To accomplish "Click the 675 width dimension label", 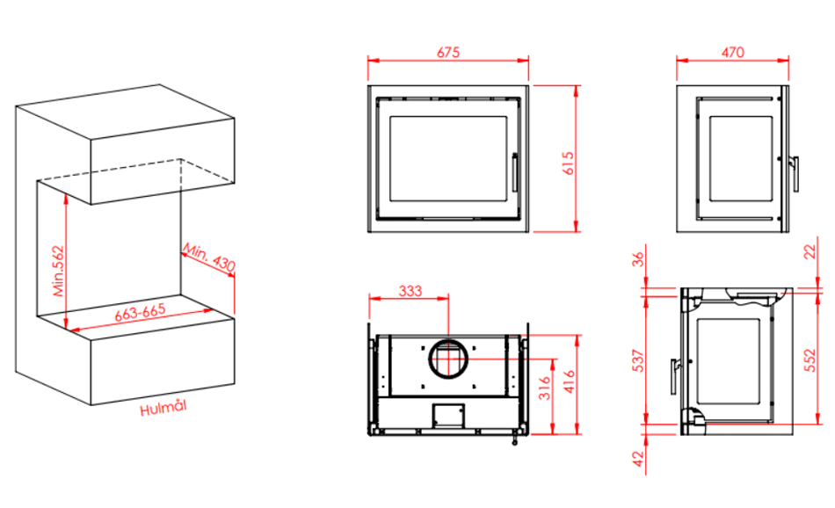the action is point(448,52).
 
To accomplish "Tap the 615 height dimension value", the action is point(568,163).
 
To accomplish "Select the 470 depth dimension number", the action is point(733,52).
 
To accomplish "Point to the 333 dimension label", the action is point(410,291).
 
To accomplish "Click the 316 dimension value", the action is point(544,388).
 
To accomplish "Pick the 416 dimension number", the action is point(569,381).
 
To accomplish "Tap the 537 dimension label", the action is point(638,360).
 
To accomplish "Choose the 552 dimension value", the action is point(810,360).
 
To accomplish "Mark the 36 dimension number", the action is point(638,259).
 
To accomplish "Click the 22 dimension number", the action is point(810,252).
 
